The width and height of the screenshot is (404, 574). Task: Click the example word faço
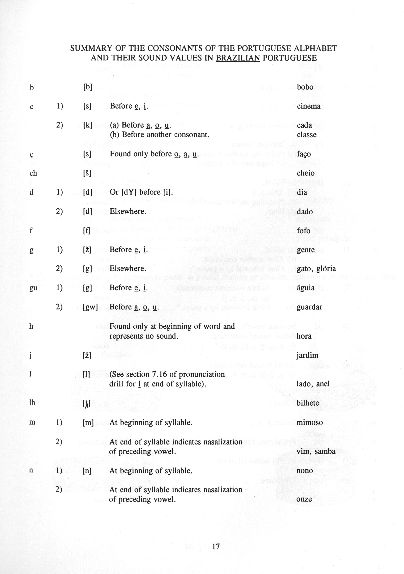[304, 154]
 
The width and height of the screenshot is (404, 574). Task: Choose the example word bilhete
[308, 403]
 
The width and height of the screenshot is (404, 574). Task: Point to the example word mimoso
[310, 423]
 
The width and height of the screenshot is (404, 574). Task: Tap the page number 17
[216, 547]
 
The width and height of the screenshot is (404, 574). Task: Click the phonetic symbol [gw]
[90, 307]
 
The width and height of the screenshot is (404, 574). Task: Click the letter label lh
[32, 403]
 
